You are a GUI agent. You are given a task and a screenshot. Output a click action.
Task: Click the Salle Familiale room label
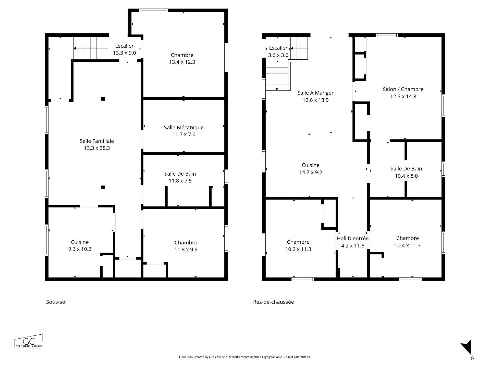pos(97,141)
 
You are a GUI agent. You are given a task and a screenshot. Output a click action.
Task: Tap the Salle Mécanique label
pos(184,127)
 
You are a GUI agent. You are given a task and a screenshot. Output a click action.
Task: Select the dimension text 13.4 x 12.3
pos(182,62)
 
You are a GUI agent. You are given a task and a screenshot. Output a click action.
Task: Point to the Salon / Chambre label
pos(403,89)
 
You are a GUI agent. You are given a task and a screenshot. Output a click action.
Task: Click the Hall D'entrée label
pos(353,239)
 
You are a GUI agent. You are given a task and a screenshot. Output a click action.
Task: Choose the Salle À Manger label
pos(315,93)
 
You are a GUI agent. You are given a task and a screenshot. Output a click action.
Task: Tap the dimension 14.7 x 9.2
pos(311,173)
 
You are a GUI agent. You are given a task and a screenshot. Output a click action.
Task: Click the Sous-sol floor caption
pos(56,302)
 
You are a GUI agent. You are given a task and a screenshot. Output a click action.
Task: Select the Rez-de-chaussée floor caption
pos(273,302)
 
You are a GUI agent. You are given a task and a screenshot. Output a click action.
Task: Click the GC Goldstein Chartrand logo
pos(29,341)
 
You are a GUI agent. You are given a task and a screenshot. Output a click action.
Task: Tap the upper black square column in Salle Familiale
pos(103,99)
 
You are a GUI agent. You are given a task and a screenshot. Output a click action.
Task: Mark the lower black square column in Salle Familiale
pos(103,187)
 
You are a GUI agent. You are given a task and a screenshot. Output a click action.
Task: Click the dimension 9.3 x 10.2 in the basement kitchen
pos(80,249)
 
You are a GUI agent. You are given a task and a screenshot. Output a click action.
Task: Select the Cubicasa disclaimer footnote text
pos(245,357)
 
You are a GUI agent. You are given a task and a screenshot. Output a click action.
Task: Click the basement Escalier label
pos(124,46)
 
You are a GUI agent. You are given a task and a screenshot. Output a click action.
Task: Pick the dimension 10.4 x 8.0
pos(406,176)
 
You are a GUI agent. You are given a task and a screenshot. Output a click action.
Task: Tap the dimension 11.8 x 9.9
pos(186,250)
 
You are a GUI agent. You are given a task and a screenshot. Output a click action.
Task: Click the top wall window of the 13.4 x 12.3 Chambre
pos(153,10)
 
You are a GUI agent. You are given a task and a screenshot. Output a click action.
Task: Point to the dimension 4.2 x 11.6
pos(353,246)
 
